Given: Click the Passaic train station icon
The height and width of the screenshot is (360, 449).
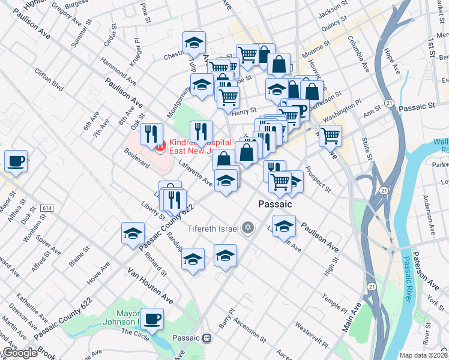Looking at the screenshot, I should point(207,338).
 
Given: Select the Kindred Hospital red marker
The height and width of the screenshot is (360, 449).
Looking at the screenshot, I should point(159,146).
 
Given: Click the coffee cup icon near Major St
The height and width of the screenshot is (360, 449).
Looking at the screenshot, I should point(16,161).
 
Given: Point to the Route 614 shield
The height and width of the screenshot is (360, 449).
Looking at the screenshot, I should point(45,208).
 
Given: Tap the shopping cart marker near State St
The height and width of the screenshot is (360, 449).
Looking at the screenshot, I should point(330,136).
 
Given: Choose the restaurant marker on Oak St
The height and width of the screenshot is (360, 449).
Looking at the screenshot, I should point(151,134).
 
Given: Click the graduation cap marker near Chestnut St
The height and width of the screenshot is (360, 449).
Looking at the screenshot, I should point(194,43).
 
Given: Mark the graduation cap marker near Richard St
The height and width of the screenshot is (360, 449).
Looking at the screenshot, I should point(133,233).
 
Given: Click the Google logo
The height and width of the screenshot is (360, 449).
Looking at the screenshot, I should point(19,352).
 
